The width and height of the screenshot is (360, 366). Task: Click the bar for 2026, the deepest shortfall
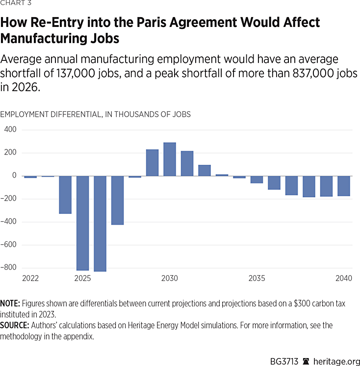[x=100, y=223]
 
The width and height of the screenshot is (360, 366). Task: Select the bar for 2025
[x=82, y=223]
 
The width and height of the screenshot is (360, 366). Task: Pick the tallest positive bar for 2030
[x=170, y=159]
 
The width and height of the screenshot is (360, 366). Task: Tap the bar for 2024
[x=65, y=194]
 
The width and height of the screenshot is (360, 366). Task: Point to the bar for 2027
[x=117, y=200]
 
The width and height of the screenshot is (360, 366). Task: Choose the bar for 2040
[x=343, y=186]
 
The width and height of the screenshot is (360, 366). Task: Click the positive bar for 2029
[x=152, y=162]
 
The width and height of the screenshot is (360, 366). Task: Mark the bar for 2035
[x=257, y=180]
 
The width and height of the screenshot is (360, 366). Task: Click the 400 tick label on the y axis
[x=10, y=130]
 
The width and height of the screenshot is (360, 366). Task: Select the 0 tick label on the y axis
[x=14, y=176]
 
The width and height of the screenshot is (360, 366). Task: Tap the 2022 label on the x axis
[x=30, y=279]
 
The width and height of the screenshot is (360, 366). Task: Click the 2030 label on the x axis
[x=170, y=279]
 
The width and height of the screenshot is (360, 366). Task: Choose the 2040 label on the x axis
[x=344, y=279]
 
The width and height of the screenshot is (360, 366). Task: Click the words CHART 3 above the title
[x=14, y=4]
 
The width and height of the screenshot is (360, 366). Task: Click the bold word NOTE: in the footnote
[x=10, y=304]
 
